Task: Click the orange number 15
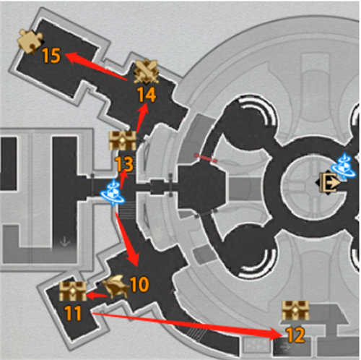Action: click(51, 56)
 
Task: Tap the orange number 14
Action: click(147, 95)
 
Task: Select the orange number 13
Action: click(124, 165)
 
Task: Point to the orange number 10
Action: click(139, 284)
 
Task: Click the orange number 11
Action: click(73, 313)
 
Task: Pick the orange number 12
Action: click(296, 335)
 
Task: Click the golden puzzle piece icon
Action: click(30, 41)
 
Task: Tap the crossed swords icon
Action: click(147, 72)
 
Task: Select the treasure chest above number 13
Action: click(123, 141)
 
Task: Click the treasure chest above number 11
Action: click(73, 291)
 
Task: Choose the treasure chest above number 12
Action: click(295, 311)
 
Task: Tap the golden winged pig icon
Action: click(116, 287)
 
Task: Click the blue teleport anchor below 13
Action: click(113, 193)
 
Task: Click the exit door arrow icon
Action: click(329, 182)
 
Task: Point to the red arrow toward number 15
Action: click(96, 66)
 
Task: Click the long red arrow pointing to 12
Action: click(188, 325)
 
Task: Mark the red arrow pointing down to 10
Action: click(127, 239)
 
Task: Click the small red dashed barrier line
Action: click(206, 158)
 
